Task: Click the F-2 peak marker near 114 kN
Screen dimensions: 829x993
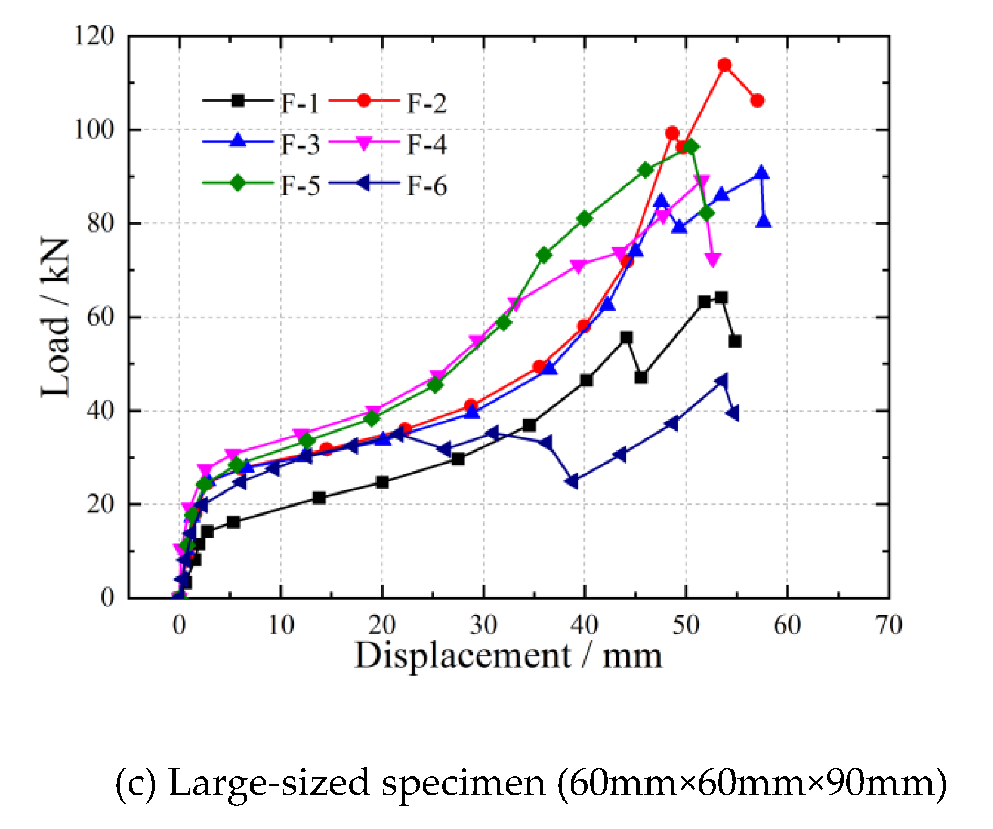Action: tap(725, 65)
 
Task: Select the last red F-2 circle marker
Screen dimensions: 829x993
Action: tap(757, 100)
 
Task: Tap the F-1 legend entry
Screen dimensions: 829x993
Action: tap(261, 102)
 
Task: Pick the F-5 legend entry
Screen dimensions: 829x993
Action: tap(261, 185)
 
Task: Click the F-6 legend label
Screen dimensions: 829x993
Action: tap(426, 186)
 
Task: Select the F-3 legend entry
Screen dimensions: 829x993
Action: tap(261, 144)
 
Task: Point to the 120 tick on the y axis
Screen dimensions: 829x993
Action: tap(94, 36)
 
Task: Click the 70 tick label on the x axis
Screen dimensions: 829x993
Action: tap(889, 625)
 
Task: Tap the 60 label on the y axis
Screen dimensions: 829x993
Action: tap(100, 317)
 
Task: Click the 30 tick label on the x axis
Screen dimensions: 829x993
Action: tap(483, 625)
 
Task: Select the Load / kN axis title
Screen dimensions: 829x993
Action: tap(55, 317)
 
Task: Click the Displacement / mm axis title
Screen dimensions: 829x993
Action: tap(508, 656)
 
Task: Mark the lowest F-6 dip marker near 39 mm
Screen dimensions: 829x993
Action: tap(572, 480)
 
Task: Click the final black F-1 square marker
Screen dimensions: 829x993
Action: tap(735, 341)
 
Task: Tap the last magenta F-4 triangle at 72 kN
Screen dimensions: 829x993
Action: tap(713, 259)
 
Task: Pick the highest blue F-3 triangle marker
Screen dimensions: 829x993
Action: tap(762, 173)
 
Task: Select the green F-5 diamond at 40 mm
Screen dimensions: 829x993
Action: tap(584, 218)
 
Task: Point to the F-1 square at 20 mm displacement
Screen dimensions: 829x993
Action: tap(382, 482)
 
